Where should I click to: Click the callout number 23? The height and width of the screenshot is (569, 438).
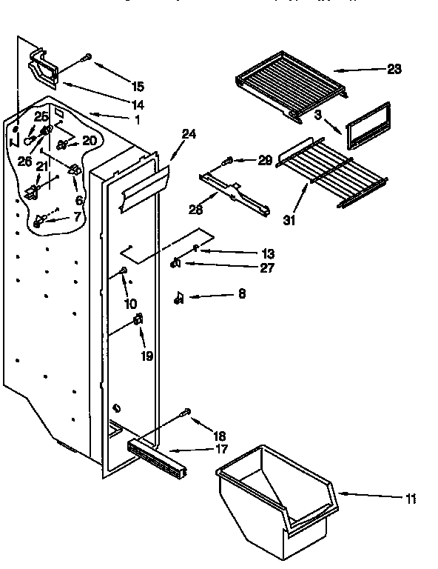394,70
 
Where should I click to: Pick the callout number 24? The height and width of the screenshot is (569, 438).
189,135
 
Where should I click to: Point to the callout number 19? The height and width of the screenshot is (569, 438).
146,356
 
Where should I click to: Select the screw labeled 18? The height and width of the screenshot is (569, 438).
186,412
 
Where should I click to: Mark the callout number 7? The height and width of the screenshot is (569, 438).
75,216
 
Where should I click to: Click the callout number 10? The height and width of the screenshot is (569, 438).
130,304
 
